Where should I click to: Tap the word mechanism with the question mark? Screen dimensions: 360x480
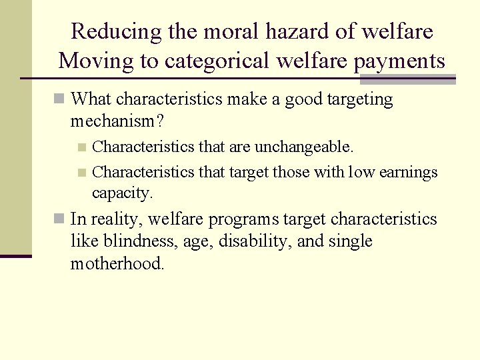click(x=117, y=122)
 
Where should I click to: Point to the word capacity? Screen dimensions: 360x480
click(x=122, y=193)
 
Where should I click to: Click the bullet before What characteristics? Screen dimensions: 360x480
click(x=60, y=100)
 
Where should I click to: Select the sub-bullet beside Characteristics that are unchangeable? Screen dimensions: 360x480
click(x=81, y=147)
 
